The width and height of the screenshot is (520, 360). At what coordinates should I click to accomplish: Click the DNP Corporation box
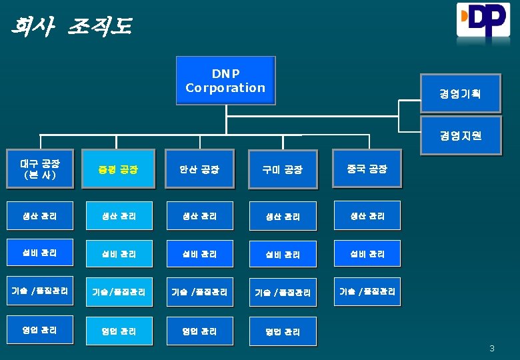pos(225,81)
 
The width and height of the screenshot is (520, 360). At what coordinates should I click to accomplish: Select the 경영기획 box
pos(460,93)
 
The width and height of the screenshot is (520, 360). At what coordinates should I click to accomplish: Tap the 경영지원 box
pos(460,136)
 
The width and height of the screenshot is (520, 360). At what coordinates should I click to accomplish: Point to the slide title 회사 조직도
pos(71,27)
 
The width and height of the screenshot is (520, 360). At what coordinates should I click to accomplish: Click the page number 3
pos(492,348)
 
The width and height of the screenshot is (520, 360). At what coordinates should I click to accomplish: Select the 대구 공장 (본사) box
pos(38,169)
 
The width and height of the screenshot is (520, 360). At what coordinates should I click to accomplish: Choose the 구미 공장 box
pos(283,169)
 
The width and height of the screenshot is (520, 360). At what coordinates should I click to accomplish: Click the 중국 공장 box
pos(367,169)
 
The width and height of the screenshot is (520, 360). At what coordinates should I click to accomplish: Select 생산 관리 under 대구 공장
pos(39,216)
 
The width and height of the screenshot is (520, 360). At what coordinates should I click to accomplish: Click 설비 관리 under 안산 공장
pos(200,254)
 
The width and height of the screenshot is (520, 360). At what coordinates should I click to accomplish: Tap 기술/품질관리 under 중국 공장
pos(367,291)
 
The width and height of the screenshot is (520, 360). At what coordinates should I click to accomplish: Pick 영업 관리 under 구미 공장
pos(283,331)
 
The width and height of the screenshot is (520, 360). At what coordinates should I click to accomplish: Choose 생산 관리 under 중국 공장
pos(367,216)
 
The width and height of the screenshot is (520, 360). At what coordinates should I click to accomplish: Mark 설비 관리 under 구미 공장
pos(283,254)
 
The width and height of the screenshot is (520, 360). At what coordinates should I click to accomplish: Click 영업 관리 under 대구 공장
pos(39,330)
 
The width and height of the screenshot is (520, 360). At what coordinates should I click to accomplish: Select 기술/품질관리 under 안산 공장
pos(200,292)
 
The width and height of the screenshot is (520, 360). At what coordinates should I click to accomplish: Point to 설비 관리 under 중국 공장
pos(367,254)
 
